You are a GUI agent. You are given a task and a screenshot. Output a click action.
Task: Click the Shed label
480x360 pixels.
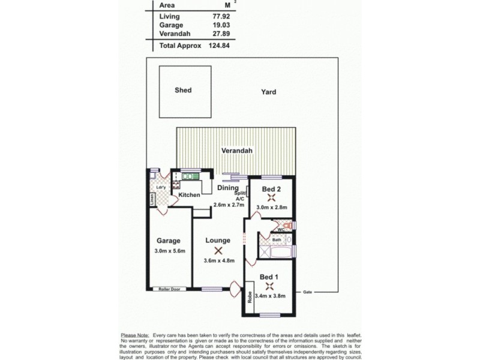[x=183, y=91]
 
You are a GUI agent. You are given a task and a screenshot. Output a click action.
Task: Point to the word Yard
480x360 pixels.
[x=268, y=92]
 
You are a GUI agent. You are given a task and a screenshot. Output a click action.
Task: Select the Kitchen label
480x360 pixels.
[x=188, y=196]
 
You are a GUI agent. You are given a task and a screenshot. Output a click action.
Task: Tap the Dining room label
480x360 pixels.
[x=227, y=188]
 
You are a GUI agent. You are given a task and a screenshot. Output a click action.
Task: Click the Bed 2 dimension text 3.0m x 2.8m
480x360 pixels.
[x=272, y=207]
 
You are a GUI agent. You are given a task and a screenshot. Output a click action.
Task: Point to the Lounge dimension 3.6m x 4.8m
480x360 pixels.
[x=218, y=260]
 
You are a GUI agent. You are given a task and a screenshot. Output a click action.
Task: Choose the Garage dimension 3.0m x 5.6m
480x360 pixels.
[x=169, y=251]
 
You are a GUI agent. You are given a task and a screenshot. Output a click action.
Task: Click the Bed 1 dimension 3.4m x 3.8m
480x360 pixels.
[x=269, y=296]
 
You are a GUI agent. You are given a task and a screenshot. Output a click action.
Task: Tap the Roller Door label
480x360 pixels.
[x=170, y=289]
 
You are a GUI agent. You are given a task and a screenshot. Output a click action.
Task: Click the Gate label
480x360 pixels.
[x=308, y=292]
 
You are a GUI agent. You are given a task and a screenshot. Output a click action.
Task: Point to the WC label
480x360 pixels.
[x=280, y=229]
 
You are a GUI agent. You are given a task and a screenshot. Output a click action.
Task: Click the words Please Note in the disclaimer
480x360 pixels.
[x=134, y=335]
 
